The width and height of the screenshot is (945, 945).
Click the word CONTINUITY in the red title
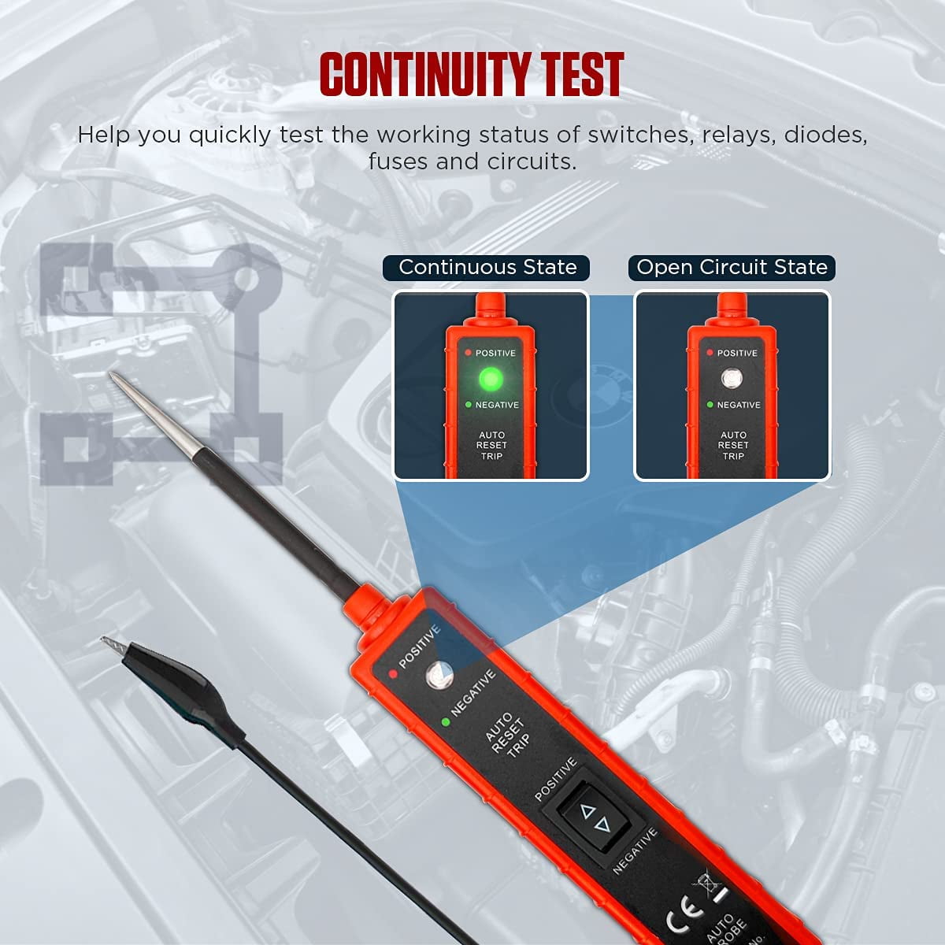[x=421, y=75]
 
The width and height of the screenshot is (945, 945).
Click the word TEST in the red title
[x=582, y=75]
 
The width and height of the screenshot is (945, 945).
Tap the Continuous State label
[x=487, y=268]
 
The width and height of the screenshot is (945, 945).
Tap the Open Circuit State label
[x=732, y=268]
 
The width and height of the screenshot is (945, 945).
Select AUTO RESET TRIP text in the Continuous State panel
[x=491, y=446]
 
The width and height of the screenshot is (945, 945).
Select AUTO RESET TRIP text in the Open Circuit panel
[x=733, y=446]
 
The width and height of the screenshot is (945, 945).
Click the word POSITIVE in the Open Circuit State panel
[x=737, y=354]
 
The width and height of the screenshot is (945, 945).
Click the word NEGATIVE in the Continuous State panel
[x=497, y=405]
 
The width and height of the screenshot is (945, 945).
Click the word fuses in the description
[x=398, y=162]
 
